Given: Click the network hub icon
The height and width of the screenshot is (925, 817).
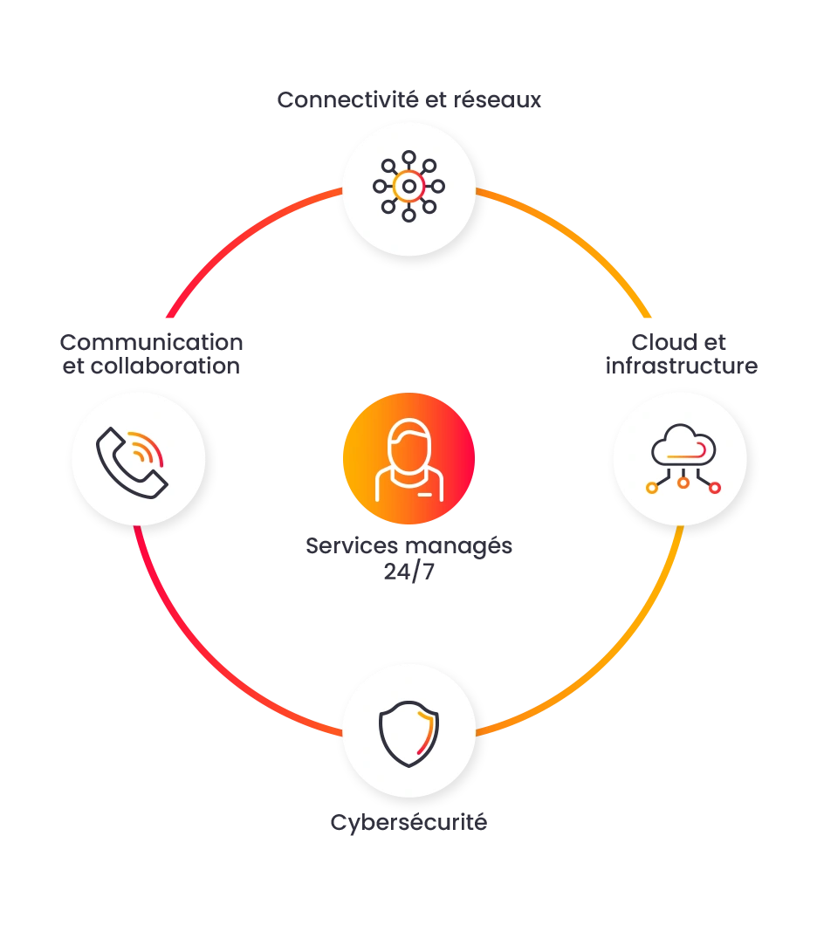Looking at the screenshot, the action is coord(408,187).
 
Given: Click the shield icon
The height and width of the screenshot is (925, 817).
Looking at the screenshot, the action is coord(408,733).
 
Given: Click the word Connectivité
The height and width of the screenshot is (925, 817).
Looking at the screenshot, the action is coord(348,99).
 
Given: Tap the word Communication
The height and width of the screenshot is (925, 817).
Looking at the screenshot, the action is coord(152,342).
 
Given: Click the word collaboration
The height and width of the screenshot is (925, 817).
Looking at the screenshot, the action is coord(165,366).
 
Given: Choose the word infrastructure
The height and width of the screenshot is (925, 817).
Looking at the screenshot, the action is coord(682,366).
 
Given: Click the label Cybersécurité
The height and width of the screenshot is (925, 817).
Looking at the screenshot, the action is coord(408,822).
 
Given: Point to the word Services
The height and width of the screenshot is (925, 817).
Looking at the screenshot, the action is coord(352,545).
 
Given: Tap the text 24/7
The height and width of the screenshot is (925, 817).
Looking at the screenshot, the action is coord(408,572).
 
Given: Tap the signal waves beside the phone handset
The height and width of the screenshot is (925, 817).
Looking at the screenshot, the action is coord(147,449).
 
